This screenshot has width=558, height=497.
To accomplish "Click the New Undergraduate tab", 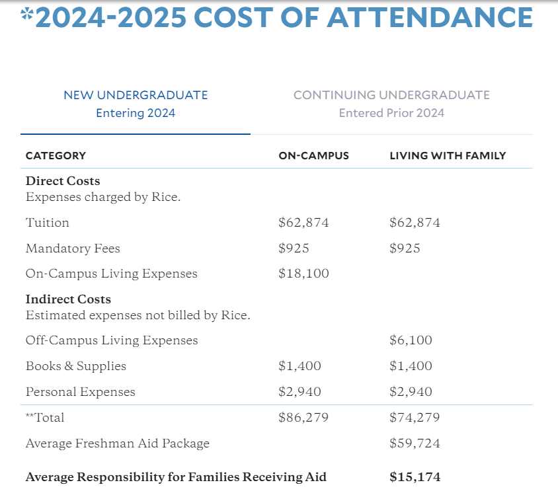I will (x=136, y=104).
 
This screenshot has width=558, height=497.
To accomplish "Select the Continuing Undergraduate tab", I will (x=391, y=104).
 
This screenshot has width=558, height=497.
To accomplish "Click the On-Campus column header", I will (x=313, y=156).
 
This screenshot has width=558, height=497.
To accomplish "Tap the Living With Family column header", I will (x=448, y=156).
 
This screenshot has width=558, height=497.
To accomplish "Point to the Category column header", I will (x=56, y=156).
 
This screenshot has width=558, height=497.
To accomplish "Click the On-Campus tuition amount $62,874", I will (x=303, y=223).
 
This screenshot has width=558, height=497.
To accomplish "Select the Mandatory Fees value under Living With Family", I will (x=405, y=249).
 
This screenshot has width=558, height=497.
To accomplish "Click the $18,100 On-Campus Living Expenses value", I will (x=303, y=274).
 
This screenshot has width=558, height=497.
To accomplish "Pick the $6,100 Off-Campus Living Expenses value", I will (x=411, y=340).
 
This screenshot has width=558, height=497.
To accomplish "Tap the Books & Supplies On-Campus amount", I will (x=299, y=366).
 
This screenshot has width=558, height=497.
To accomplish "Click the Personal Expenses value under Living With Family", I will (x=411, y=392).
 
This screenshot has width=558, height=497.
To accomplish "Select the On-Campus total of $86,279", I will (x=303, y=418).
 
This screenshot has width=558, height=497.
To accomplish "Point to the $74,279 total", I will (x=415, y=418).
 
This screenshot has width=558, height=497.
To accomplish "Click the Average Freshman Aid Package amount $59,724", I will (x=415, y=443).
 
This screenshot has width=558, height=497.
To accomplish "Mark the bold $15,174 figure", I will (x=415, y=477).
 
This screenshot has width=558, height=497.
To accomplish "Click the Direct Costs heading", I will (x=63, y=181).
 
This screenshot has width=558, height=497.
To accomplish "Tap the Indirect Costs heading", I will (x=68, y=299).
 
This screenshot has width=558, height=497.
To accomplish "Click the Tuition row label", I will (x=48, y=223).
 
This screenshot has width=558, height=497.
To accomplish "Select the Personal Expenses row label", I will (x=80, y=392).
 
